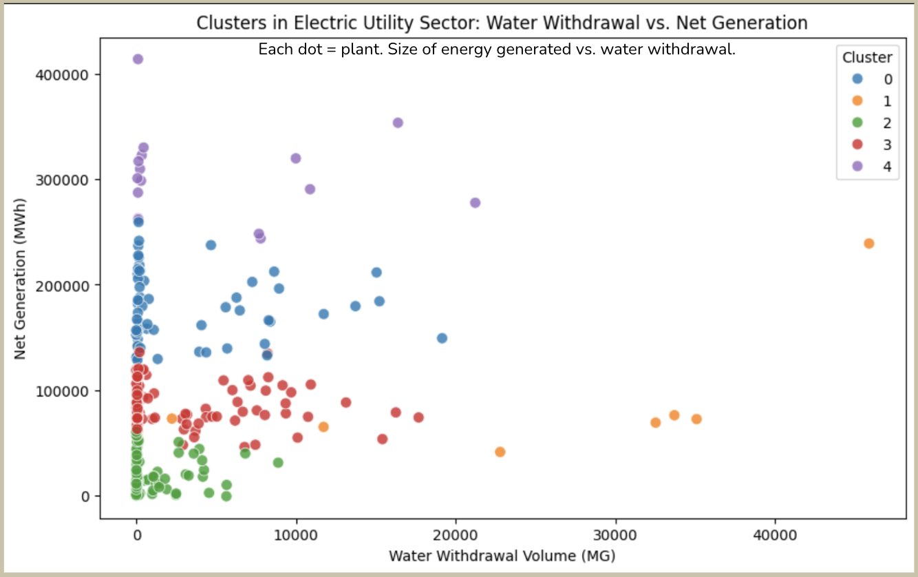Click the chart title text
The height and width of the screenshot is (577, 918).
(x=502, y=23)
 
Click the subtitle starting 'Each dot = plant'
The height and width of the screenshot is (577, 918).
(x=497, y=50)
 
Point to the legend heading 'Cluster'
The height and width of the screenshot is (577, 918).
(x=867, y=57)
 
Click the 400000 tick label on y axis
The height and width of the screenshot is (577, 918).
(x=63, y=74)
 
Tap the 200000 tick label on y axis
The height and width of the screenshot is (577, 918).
(x=63, y=285)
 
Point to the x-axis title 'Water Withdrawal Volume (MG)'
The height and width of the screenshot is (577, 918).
(x=502, y=555)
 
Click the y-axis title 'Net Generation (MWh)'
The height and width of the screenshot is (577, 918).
(x=20, y=285)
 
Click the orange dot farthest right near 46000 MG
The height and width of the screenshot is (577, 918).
(x=868, y=244)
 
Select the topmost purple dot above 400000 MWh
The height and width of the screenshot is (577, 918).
(x=138, y=59)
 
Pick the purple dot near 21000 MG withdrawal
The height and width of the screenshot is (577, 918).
(x=475, y=203)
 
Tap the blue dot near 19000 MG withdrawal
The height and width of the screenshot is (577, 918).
(x=442, y=338)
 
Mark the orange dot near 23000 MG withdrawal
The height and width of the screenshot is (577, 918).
(x=500, y=452)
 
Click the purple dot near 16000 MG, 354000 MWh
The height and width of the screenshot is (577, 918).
(x=397, y=123)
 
